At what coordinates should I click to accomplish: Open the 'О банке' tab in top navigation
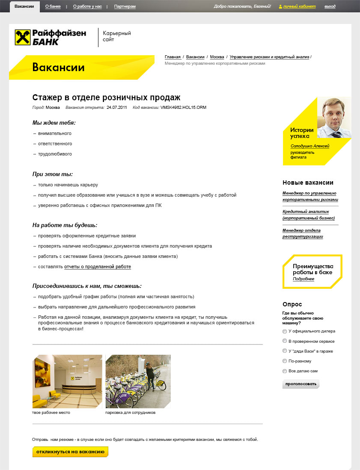coord(53,7)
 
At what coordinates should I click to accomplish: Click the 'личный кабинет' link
coord(300,7)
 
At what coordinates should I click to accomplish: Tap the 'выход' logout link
coord(330,7)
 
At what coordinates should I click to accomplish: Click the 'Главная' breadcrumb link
coord(173,57)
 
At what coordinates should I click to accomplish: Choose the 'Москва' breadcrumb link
coord(217,57)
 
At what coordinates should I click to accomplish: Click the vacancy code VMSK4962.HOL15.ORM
coord(183,108)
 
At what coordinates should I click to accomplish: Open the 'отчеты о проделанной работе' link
coord(98,267)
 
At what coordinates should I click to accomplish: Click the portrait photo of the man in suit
coord(334,117)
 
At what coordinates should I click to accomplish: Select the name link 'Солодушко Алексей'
coord(310,146)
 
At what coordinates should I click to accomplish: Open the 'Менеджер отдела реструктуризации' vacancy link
coord(303,234)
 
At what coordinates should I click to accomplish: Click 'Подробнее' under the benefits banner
coord(303,279)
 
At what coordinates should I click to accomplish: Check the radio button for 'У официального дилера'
coord(285,331)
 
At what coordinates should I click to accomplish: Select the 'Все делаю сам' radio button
coord(285,371)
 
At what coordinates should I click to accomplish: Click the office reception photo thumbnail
coord(67,381)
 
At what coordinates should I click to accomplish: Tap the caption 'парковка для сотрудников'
coord(130,413)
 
